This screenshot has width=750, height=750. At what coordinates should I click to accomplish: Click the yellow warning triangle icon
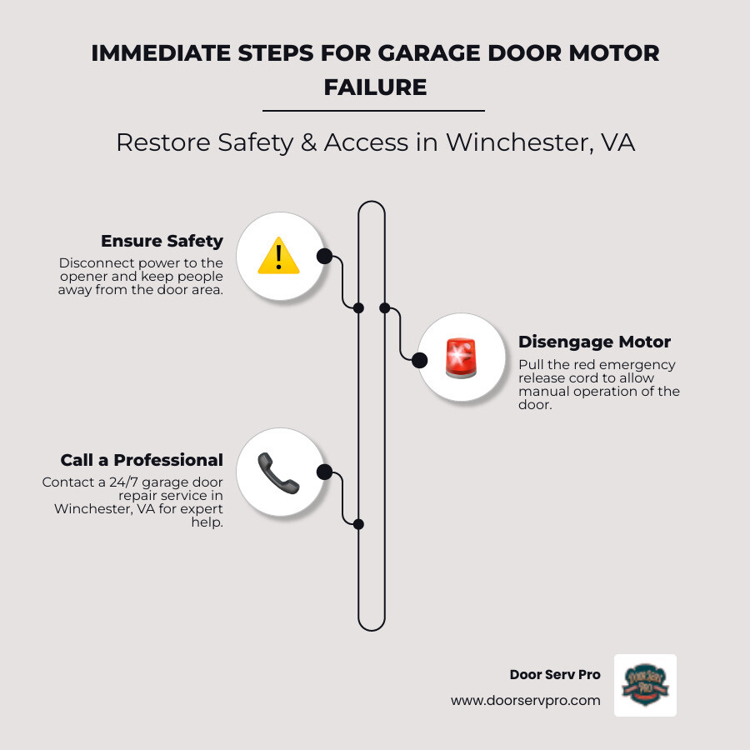278,256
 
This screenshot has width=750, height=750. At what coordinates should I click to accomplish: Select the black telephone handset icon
277,473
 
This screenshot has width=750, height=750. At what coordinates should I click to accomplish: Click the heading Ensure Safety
162,241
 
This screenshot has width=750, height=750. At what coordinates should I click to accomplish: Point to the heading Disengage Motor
594,342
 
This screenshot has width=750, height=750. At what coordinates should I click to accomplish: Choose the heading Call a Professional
142,460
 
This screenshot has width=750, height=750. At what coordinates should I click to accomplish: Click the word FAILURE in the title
375,87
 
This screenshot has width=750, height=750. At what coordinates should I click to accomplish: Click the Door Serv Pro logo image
645,685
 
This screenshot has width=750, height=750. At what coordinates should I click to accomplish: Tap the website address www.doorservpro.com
525,701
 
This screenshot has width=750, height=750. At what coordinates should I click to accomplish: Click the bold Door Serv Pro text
554,674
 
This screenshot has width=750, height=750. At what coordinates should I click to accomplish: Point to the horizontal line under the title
373,110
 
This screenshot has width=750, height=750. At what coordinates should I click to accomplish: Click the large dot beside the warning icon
324,256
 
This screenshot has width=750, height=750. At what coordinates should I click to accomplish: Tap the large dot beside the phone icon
325,473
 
